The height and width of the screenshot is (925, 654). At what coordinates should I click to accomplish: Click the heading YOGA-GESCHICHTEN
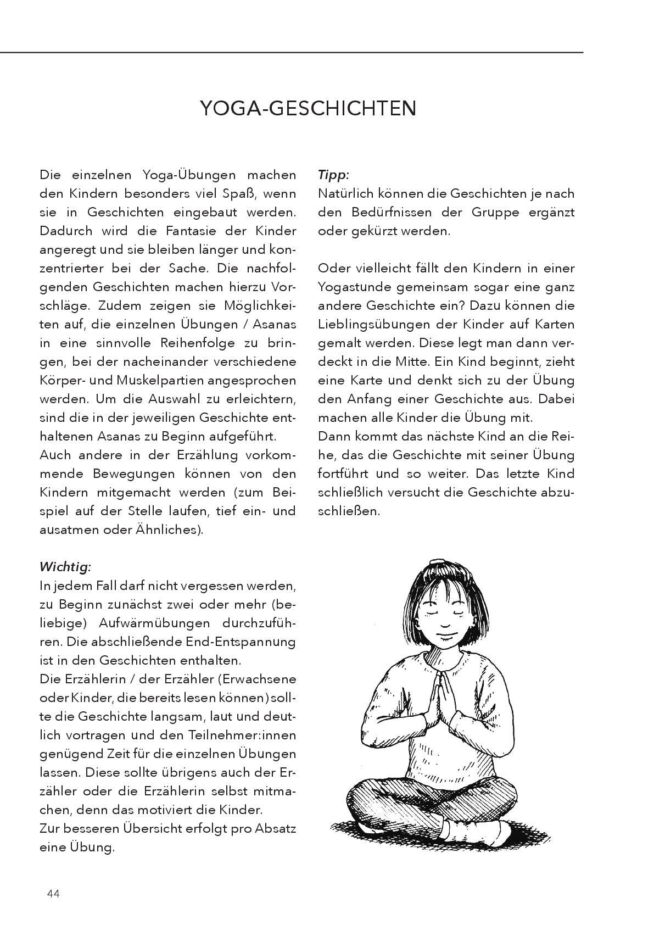308,108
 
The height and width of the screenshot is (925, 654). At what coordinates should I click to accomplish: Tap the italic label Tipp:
333,175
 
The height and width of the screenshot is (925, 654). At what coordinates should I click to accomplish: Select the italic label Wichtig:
65,567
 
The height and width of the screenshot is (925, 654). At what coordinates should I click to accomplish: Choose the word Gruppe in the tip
495,213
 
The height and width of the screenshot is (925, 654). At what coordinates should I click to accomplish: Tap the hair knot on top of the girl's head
437,564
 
